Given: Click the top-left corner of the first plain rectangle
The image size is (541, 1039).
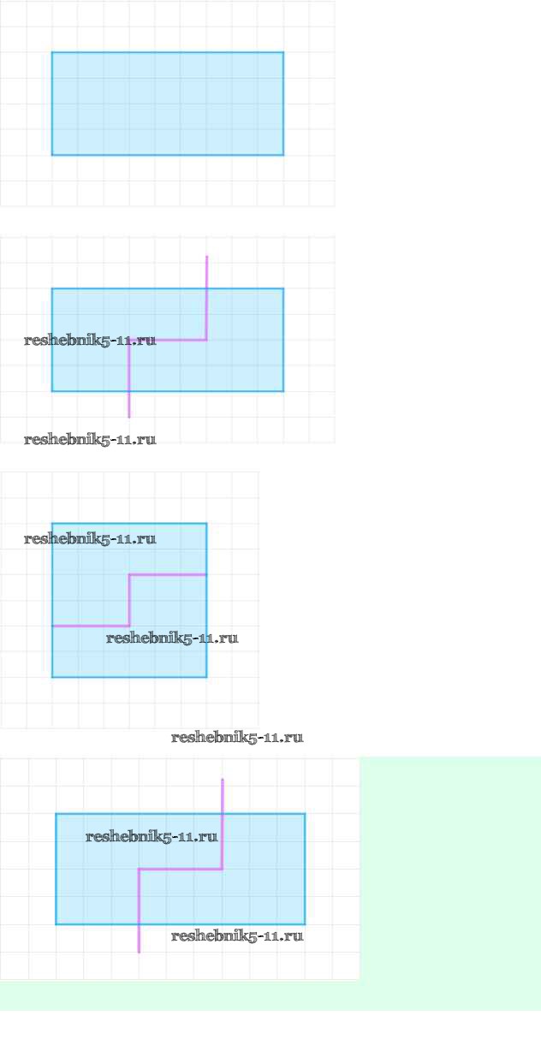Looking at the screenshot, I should coord(52,53).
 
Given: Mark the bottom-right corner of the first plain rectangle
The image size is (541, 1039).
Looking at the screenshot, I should coord(283,155).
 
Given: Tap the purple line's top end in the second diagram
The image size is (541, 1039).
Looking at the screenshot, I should coord(206,257).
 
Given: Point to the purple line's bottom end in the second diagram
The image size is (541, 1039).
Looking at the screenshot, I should coord(129,417).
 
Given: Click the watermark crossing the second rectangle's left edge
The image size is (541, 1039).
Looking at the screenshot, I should coord(90,341).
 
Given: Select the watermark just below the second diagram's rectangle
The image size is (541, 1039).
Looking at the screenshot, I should coord(90,440).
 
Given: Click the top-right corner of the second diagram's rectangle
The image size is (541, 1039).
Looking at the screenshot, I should coord(283,288).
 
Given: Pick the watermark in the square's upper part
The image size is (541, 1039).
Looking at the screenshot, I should coord(90,539).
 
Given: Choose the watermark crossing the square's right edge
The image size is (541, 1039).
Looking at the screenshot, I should coord(172,638).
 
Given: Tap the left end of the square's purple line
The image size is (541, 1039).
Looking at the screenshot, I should coord(53,626).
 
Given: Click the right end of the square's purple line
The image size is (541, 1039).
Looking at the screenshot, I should coord(206,574).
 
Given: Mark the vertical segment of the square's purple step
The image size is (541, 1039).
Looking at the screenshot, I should coord(129,600).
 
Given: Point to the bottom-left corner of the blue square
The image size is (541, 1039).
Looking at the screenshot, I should coord(52,677).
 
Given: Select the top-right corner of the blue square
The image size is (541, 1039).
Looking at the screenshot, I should coord(206,524).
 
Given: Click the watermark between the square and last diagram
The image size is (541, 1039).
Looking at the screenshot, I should coord(237,738).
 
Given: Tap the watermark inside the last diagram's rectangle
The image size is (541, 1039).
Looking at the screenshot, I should coord(152,837).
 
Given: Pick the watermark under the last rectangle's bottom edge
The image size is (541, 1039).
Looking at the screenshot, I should coord(237,936).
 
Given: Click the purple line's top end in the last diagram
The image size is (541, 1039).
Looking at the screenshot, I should coord(223,780).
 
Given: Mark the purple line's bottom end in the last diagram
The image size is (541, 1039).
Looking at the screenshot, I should coord(139,952).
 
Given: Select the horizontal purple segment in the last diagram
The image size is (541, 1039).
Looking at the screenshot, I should coord(181,870).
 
